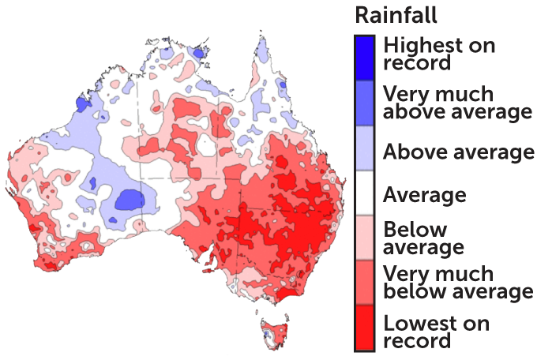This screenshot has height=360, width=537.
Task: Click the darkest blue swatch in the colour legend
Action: tap(364, 58)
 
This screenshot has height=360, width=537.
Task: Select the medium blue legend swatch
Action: tap(364, 103)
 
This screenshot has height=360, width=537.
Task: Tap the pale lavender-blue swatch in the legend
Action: tap(364, 148)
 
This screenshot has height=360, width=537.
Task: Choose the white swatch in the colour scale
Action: tap(364, 193)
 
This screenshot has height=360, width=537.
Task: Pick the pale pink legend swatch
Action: tap(364, 237)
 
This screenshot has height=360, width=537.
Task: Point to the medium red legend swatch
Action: tap(364, 282)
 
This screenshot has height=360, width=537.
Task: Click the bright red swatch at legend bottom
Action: tap(364, 327)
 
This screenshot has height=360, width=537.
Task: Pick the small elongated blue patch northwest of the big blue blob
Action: tap(92, 183)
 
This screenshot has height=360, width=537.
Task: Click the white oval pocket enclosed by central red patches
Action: tap(207, 144)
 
